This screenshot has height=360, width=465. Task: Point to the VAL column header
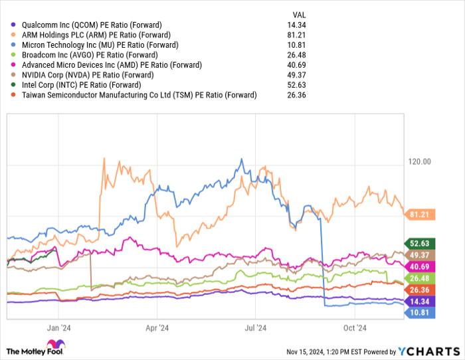pyautogui.click(x=300, y=14)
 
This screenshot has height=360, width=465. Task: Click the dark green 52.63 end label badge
pyautogui.click(x=418, y=243)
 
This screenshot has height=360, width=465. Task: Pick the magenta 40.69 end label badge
pyautogui.click(x=418, y=266)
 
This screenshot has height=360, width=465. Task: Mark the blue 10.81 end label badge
pyautogui.click(x=418, y=312)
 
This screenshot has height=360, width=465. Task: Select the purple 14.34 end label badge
pyautogui.click(x=418, y=301)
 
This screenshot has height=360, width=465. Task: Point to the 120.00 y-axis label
pyautogui.click(x=418, y=161)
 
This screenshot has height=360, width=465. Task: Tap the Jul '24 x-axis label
pyautogui.click(x=256, y=327)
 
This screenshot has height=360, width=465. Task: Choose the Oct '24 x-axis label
pyautogui.click(x=355, y=327)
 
